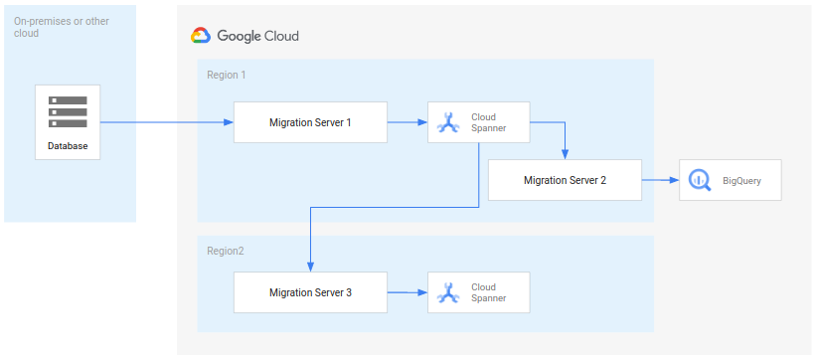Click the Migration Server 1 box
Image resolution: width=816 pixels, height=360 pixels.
[310, 122]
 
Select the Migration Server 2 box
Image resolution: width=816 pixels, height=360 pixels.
[565, 180]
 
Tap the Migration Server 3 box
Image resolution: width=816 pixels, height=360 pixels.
[310, 293]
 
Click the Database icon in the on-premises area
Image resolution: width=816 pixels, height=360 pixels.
[68, 111]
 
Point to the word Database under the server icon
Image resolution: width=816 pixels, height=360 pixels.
[68, 147]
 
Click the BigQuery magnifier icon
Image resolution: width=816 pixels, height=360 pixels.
[698, 180]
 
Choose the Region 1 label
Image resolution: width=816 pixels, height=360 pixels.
[226, 75]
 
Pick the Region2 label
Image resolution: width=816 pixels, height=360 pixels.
[225, 251]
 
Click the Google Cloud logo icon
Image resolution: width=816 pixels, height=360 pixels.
[201, 36]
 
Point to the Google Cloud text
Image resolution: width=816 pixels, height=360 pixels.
[257, 36]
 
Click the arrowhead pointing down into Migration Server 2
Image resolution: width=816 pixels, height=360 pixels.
[565, 154]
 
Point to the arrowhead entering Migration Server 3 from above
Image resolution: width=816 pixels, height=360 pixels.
[311, 266]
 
